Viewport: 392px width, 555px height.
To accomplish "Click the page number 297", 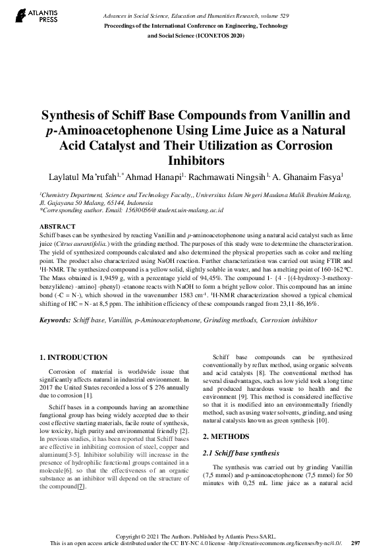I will (x=355, y=543).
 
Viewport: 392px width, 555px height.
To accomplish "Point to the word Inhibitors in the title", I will (x=197, y=160).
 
